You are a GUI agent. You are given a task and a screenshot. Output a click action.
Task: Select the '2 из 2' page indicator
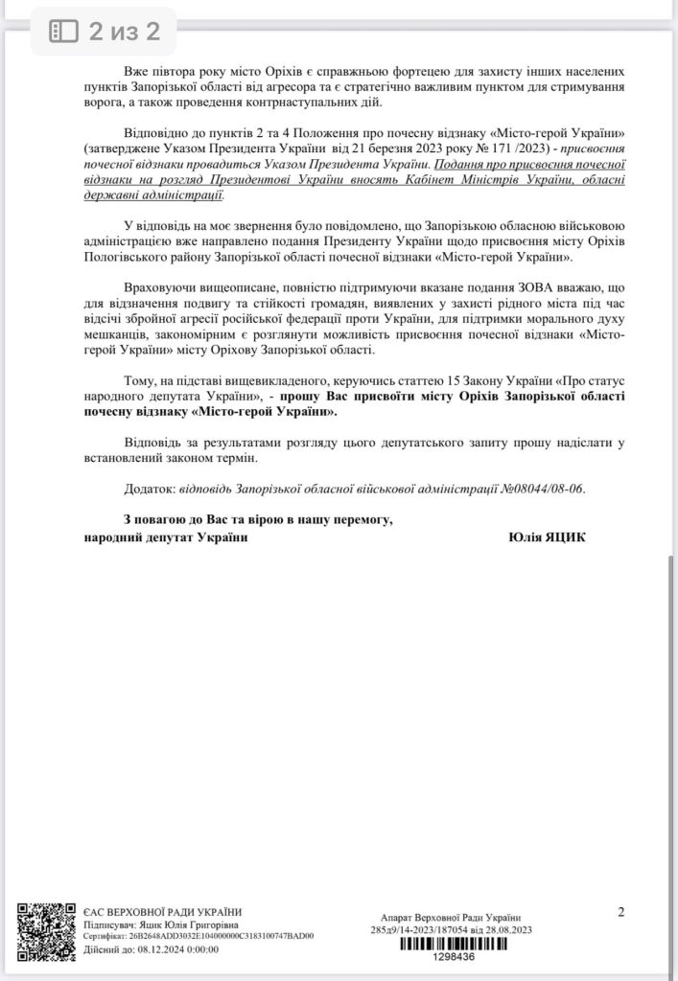point(125,32)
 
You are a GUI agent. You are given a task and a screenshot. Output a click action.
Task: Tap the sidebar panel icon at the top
point(63,32)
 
